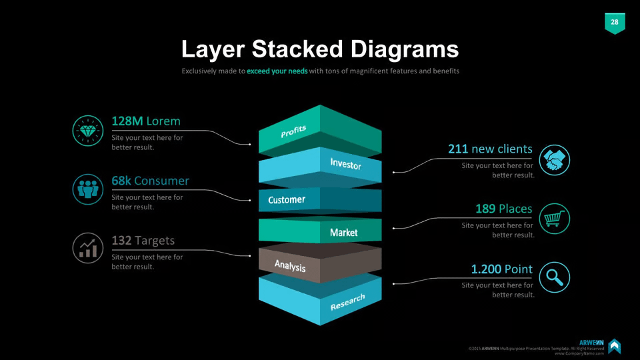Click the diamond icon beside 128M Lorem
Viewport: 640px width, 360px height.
[x=88, y=131]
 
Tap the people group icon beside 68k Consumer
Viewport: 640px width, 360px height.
[x=88, y=189]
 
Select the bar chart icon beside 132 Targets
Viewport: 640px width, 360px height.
[x=88, y=248]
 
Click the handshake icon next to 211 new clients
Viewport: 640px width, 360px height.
[x=554, y=160]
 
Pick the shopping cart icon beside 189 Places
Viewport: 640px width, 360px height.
[x=554, y=219]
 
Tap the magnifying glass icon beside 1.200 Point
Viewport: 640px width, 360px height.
[x=554, y=277]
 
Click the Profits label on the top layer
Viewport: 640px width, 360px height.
[x=293, y=131]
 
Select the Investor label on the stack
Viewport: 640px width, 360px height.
[x=346, y=164]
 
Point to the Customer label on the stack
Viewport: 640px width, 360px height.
[x=287, y=199]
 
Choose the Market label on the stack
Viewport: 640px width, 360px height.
[x=344, y=233]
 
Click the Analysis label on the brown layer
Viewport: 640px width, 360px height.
[x=290, y=266]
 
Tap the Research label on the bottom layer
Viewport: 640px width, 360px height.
[x=347, y=302]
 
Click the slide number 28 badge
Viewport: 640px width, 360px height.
[x=615, y=23]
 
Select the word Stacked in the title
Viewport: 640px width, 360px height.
[x=297, y=49]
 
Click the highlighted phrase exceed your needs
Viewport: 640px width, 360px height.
[x=277, y=71]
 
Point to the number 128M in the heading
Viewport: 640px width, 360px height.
[x=127, y=121]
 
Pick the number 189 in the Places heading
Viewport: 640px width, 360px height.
[x=485, y=209]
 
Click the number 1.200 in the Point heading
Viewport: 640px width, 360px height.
[x=486, y=269]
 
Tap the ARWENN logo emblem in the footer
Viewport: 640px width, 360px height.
[x=614, y=346]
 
